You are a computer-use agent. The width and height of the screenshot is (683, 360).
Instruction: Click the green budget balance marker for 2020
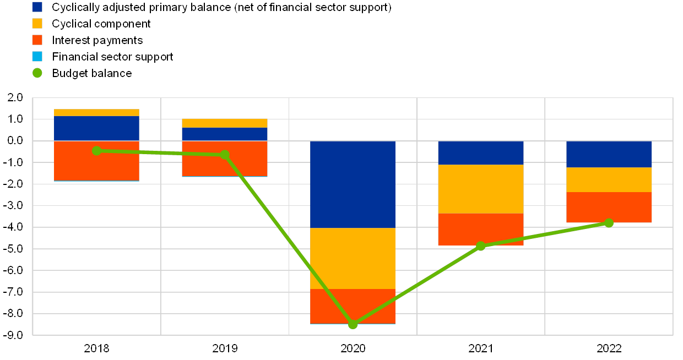tap(353, 324)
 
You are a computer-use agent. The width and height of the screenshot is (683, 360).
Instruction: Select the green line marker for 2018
tap(97, 151)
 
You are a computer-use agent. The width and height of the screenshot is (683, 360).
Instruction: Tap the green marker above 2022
tap(609, 223)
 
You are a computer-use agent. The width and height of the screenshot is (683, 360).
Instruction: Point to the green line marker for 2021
tap(481, 246)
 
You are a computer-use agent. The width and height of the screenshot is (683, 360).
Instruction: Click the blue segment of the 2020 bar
tap(353, 184)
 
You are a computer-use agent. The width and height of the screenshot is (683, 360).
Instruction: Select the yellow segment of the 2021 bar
tap(481, 189)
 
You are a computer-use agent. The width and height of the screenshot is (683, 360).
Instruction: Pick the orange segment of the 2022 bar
tap(609, 208)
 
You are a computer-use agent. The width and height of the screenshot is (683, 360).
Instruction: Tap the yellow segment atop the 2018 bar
tap(97, 113)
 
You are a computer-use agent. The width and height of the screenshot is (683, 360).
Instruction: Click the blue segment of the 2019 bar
tap(225, 134)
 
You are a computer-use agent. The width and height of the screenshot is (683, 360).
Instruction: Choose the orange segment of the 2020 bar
tap(353, 306)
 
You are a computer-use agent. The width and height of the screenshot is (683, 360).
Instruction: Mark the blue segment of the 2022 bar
tap(609, 154)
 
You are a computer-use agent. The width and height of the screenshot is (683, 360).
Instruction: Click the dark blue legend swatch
tap(37, 7)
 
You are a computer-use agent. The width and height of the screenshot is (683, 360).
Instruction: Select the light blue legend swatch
tap(37, 56)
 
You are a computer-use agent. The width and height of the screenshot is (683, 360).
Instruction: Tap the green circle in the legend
tap(37, 73)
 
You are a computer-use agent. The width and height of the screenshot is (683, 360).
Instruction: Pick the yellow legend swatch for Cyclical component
tap(37, 24)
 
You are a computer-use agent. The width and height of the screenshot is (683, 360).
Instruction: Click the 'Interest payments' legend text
tap(99, 40)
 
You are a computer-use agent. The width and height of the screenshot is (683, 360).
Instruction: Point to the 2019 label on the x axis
tap(225, 348)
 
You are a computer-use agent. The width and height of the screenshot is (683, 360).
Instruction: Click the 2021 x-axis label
tap(481, 348)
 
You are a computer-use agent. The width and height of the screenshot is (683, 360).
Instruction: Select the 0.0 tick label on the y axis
tap(16, 141)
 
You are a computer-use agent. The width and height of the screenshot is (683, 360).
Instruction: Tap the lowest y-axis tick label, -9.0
tap(16, 335)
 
